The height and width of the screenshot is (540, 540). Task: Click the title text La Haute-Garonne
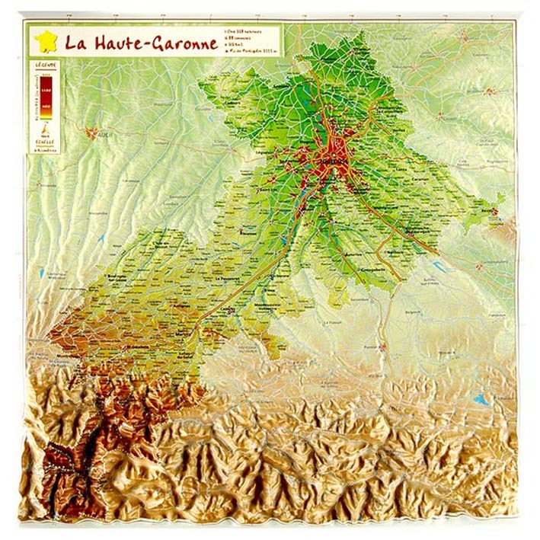(141, 43)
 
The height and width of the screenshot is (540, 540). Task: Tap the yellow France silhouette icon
(46, 41)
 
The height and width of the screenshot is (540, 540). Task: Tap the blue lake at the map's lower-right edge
(481, 398)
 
